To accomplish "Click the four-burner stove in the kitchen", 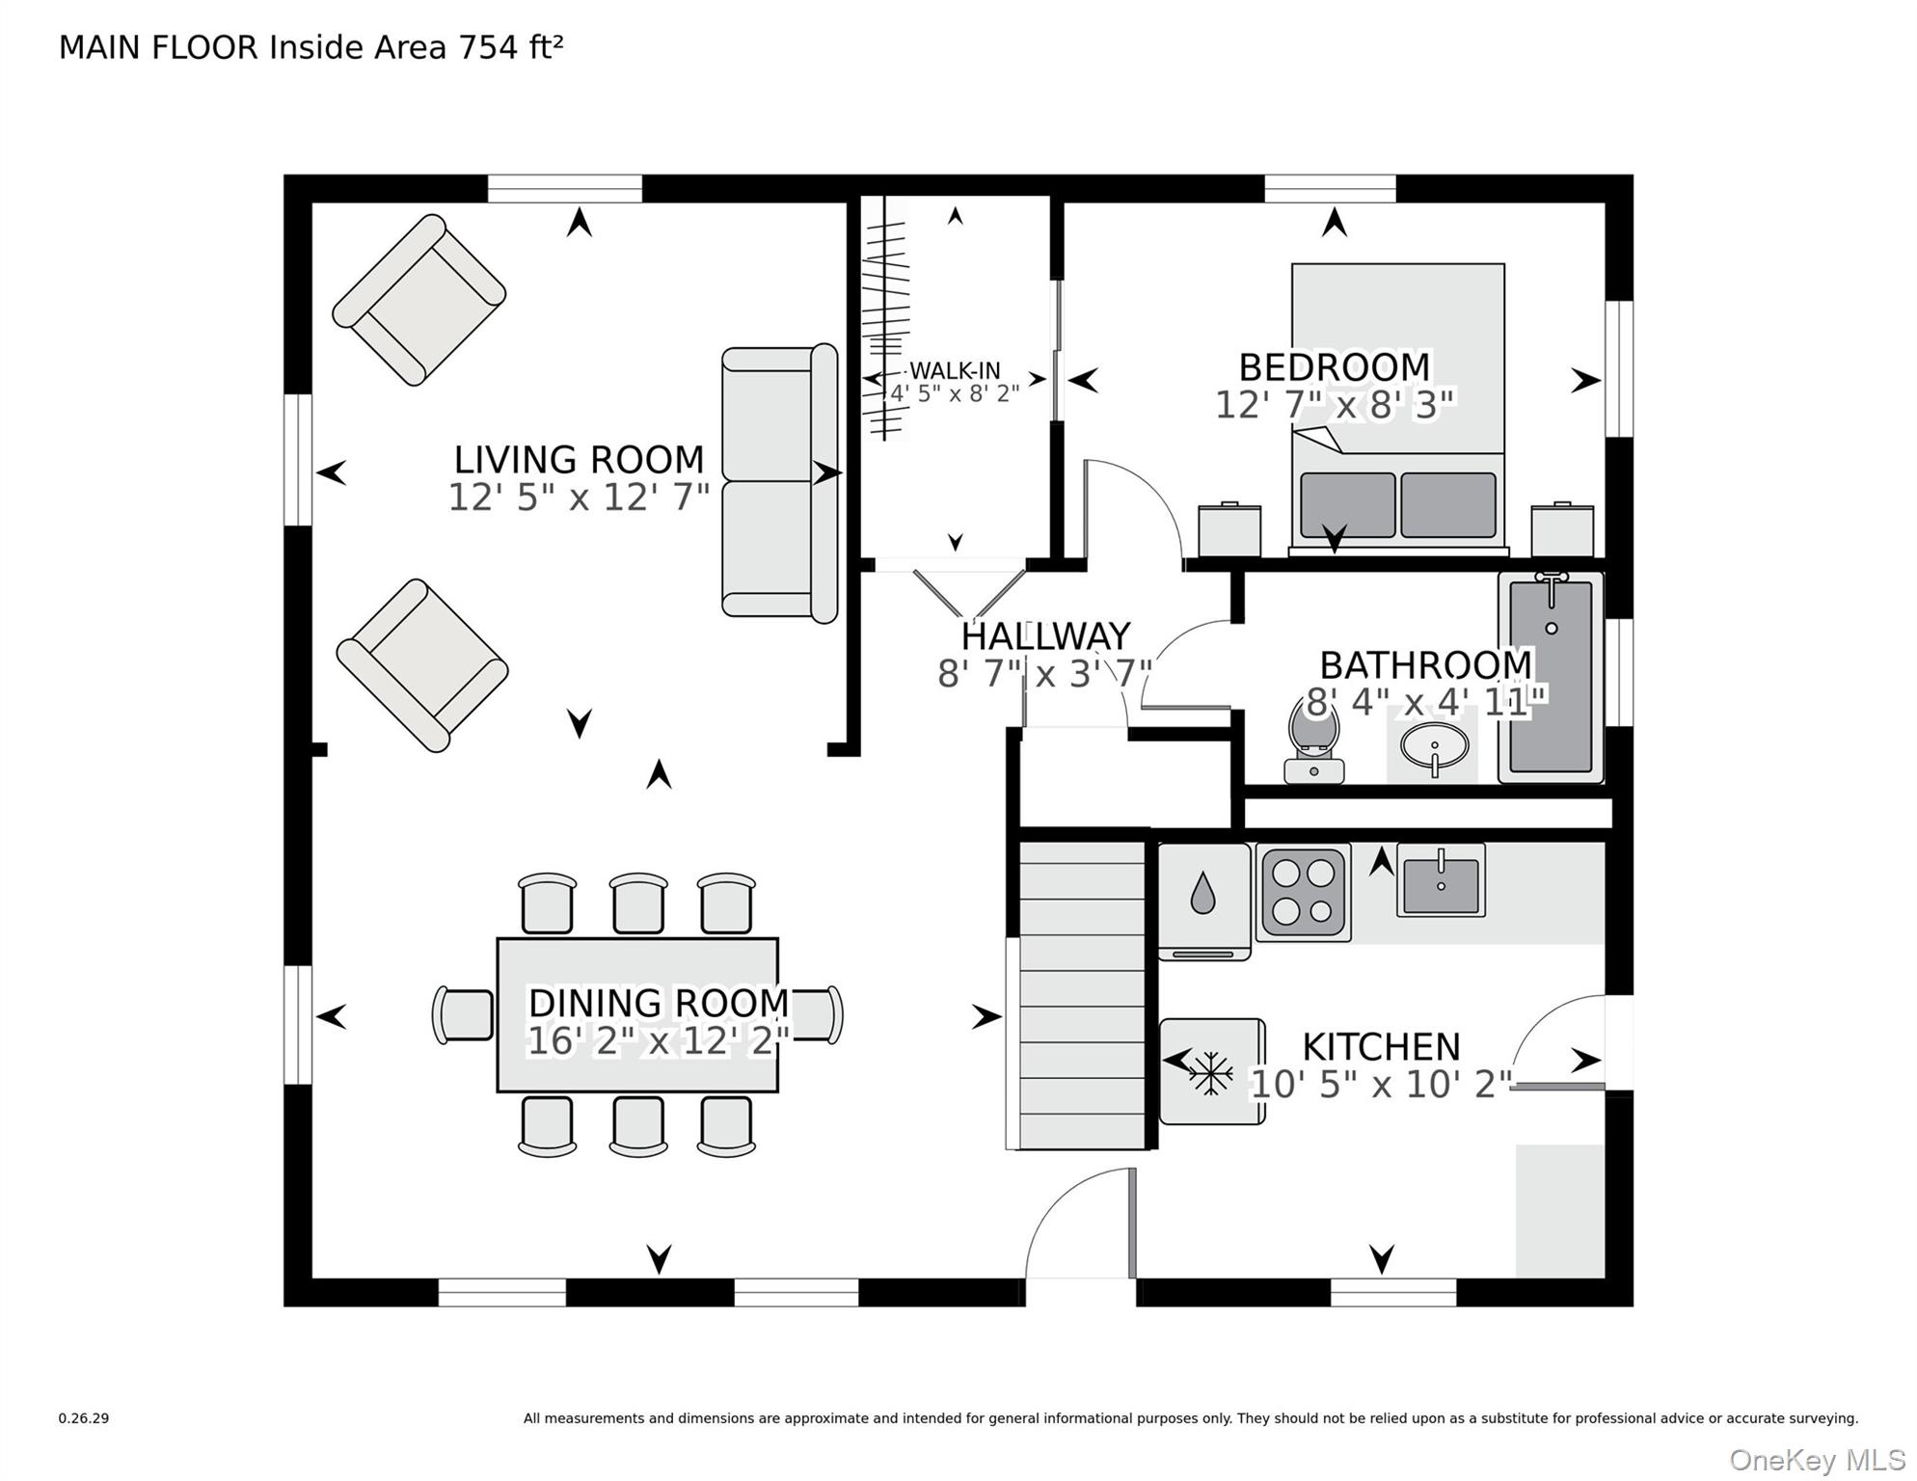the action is point(1304,893).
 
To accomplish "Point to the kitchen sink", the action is point(1441,880).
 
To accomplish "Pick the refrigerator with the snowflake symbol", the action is point(1212,1071).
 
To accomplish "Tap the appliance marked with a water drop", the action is point(1204,902).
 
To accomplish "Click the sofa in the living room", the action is point(780,482).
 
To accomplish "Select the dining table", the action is point(637,1014).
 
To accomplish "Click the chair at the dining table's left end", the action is point(464,1014).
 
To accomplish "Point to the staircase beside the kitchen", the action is point(1081,994).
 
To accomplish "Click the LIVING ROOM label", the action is point(579,459).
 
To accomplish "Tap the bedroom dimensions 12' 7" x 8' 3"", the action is point(1334,405).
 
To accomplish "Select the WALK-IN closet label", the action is point(955,370).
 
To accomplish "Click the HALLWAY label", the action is point(1045,636).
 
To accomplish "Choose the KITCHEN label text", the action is point(1381,1047).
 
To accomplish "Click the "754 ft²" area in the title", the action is point(510,46).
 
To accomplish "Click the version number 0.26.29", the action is point(84,1418).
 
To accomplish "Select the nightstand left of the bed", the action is point(1229,529).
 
